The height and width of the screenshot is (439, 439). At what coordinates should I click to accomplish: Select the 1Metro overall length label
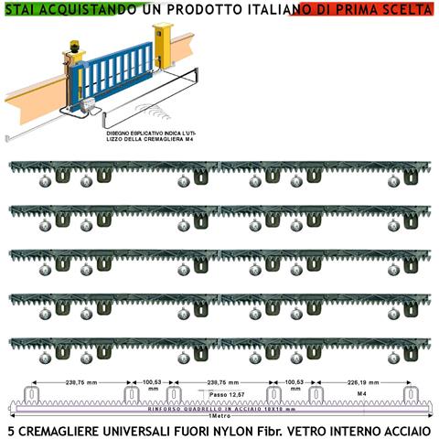point(219,417)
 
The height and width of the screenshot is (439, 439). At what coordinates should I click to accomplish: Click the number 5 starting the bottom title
point(10,429)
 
